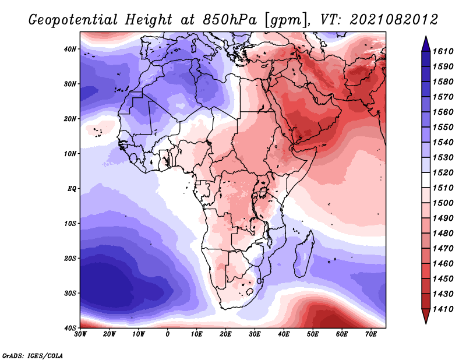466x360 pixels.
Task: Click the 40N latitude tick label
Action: click(70, 48)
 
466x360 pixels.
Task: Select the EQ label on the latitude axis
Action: click(71, 188)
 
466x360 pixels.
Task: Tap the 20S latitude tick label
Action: click(70, 258)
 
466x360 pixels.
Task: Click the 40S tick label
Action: click(70, 328)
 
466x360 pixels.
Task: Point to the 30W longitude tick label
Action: click(80, 334)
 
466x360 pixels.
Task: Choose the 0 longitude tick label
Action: click(168, 334)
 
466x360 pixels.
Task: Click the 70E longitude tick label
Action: click(370, 334)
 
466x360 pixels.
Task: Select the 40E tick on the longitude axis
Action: click(284, 334)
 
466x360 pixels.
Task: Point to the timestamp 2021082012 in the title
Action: click(394, 19)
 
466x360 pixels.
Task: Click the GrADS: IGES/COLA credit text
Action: click(33, 355)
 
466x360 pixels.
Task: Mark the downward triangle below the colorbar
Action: click(426, 317)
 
